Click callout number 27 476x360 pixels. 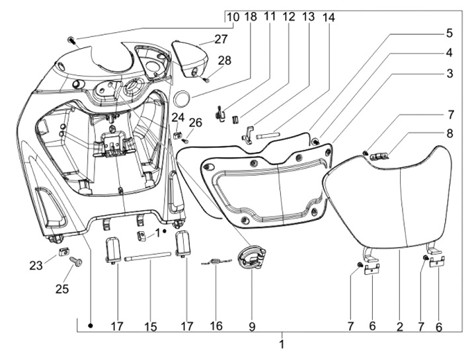[220, 39]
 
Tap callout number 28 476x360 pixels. [224, 61]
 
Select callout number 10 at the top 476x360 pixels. [232, 17]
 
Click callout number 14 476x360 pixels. [329, 17]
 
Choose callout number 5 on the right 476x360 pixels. [449, 32]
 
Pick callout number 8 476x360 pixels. [449, 133]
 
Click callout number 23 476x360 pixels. [35, 266]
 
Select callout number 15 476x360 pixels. [151, 326]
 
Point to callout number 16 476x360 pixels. [216, 326]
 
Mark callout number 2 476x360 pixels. [399, 326]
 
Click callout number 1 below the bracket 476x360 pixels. [282, 343]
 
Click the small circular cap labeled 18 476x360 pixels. [181, 97]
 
